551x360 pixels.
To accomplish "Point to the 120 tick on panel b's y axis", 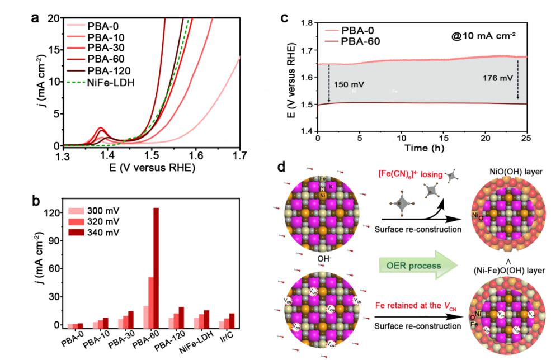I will tap(54, 212).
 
